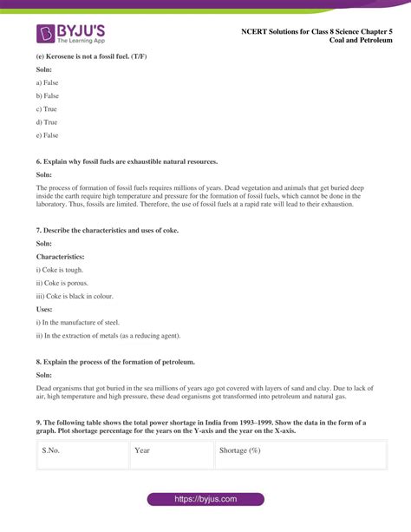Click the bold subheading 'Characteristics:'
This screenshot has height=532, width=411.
click(60, 256)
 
